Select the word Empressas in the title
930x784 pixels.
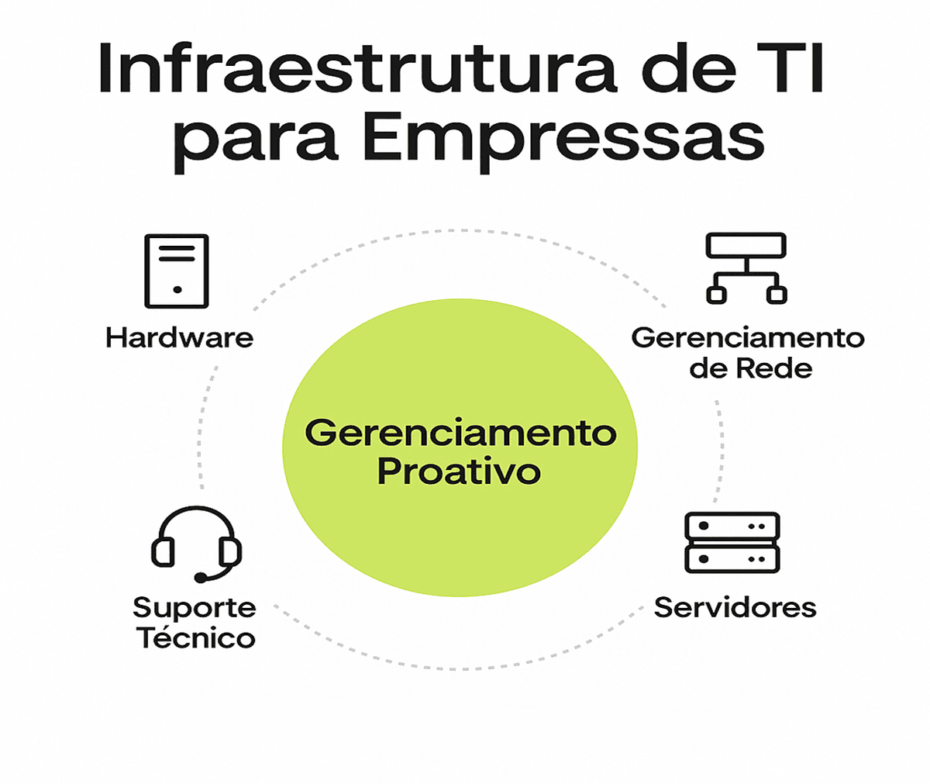point(563,140)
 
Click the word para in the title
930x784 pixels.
point(255,143)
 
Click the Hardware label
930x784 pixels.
point(179,338)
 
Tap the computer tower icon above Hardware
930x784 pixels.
point(177,271)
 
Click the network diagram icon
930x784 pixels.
point(746,268)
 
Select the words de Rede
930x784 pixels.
point(750,368)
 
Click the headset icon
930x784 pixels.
point(196,544)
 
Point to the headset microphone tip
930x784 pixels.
point(201,578)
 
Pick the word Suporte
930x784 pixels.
point(194,608)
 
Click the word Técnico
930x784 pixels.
point(196,638)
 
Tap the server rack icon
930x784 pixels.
point(732,542)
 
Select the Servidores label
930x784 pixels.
point(735,607)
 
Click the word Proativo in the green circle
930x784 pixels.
point(459,471)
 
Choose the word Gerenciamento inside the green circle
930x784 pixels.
point(460,433)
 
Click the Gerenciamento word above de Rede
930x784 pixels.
point(747,337)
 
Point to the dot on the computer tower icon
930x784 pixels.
point(177,290)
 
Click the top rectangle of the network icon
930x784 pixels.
point(746,246)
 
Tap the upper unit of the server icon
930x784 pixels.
point(732,527)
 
